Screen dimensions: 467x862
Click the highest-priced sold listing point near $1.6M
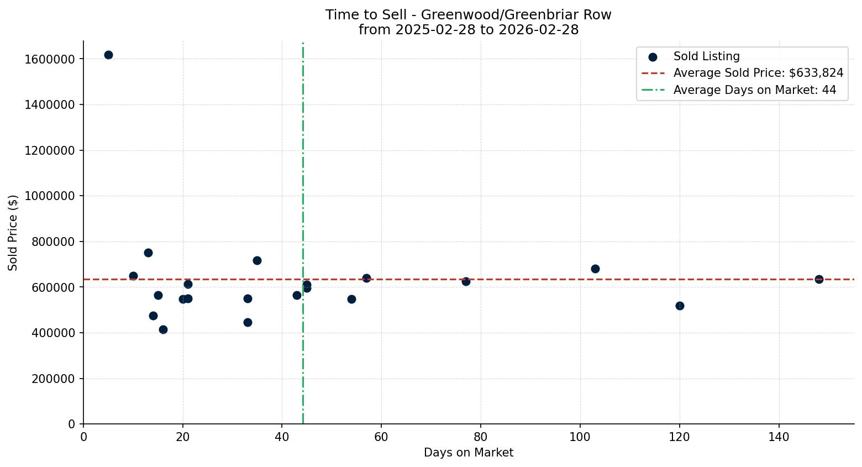point(108,55)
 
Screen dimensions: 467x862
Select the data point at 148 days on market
point(819,279)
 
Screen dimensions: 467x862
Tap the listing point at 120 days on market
point(680,306)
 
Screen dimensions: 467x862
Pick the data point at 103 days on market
point(595,269)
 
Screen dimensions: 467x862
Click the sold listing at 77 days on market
point(466,281)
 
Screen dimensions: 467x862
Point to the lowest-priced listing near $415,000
point(163,329)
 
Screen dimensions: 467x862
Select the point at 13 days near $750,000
point(148,253)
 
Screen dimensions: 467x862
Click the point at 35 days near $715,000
point(257,260)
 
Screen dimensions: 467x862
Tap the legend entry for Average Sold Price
point(758,73)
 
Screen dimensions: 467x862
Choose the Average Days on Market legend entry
point(754,90)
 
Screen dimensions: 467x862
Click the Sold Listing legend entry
point(706,56)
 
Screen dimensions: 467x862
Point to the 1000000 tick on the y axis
point(50,196)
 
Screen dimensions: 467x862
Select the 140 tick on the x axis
point(779,437)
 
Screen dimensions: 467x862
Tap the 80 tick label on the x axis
point(481,437)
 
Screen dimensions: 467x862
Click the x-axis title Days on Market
point(469,453)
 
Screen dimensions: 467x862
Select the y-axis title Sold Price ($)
point(13,233)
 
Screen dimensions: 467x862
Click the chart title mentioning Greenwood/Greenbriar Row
point(469,15)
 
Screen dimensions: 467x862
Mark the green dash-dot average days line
point(303,166)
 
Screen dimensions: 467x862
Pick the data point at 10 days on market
point(133,276)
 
